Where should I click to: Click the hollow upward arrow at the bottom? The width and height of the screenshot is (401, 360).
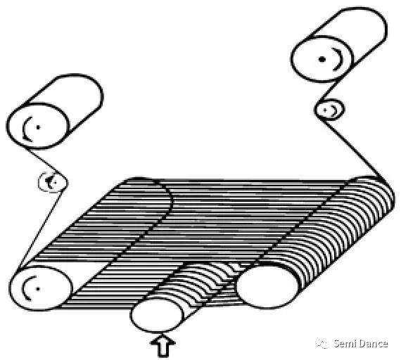click(163, 346)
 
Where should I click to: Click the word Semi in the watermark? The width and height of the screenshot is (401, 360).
click(345, 343)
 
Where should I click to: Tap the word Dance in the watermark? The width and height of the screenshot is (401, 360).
click(373, 343)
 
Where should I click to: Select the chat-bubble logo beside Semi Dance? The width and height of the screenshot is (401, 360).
click(323, 343)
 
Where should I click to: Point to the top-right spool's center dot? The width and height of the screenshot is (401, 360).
click(322, 59)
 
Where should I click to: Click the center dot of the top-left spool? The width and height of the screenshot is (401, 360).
click(39, 127)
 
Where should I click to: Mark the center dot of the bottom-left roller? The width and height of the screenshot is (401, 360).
click(38, 289)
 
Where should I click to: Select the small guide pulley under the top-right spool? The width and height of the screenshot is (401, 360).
click(329, 110)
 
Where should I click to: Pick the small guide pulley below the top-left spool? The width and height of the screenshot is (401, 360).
click(53, 182)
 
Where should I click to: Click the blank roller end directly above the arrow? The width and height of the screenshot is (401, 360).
click(156, 316)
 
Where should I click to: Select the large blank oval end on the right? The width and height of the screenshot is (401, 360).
click(267, 286)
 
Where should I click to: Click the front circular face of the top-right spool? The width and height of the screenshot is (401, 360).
click(322, 59)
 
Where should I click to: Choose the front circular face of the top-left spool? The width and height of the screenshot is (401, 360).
click(38, 126)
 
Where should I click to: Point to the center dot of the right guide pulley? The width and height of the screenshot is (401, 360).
click(325, 110)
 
